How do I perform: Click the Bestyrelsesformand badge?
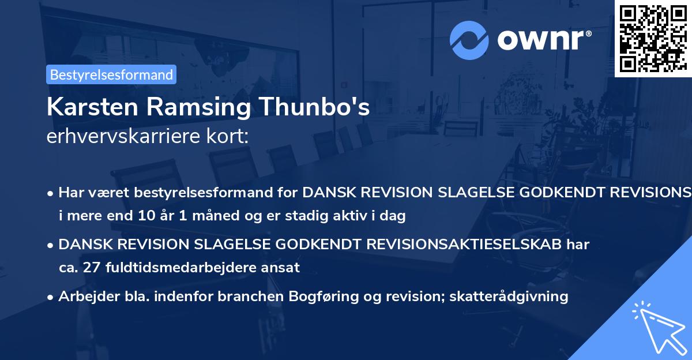(x=111, y=74)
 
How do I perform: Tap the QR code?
(x=652, y=38)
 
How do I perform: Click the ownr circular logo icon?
(x=469, y=39)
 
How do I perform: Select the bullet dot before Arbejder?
(x=51, y=297)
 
